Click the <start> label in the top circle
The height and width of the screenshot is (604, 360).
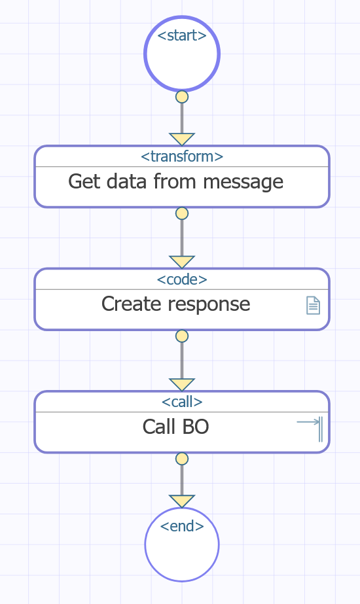[x=182, y=35]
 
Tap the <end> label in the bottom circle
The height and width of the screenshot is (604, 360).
[x=182, y=526]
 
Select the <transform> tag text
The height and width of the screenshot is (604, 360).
[x=182, y=157]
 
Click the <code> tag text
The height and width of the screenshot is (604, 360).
[x=182, y=279]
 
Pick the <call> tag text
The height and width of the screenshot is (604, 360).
[x=182, y=402]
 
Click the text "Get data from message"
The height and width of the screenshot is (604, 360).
[x=176, y=182]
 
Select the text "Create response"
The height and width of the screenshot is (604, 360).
[x=176, y=304]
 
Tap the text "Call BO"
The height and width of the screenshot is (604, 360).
[x=176, y=427]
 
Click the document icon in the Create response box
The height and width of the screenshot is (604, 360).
[x=313, y=306]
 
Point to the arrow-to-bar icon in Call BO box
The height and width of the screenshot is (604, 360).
[x=310, y=429]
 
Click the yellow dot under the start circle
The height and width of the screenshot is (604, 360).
[x=182, y=97]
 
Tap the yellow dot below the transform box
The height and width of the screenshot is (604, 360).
[x=182, y=213]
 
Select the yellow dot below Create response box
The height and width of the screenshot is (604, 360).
[x=182, y=336]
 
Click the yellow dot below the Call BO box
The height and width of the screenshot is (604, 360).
[x=182, y=459]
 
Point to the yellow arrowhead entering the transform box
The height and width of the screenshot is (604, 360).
[x=182, y=139]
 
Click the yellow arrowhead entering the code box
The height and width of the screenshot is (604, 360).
[x=182, y=262]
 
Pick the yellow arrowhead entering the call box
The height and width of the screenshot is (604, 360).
[x=182, y=384]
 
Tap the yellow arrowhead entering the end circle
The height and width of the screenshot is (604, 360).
[x=182, y=501]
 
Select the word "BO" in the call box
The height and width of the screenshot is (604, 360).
[x=196, y=427]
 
